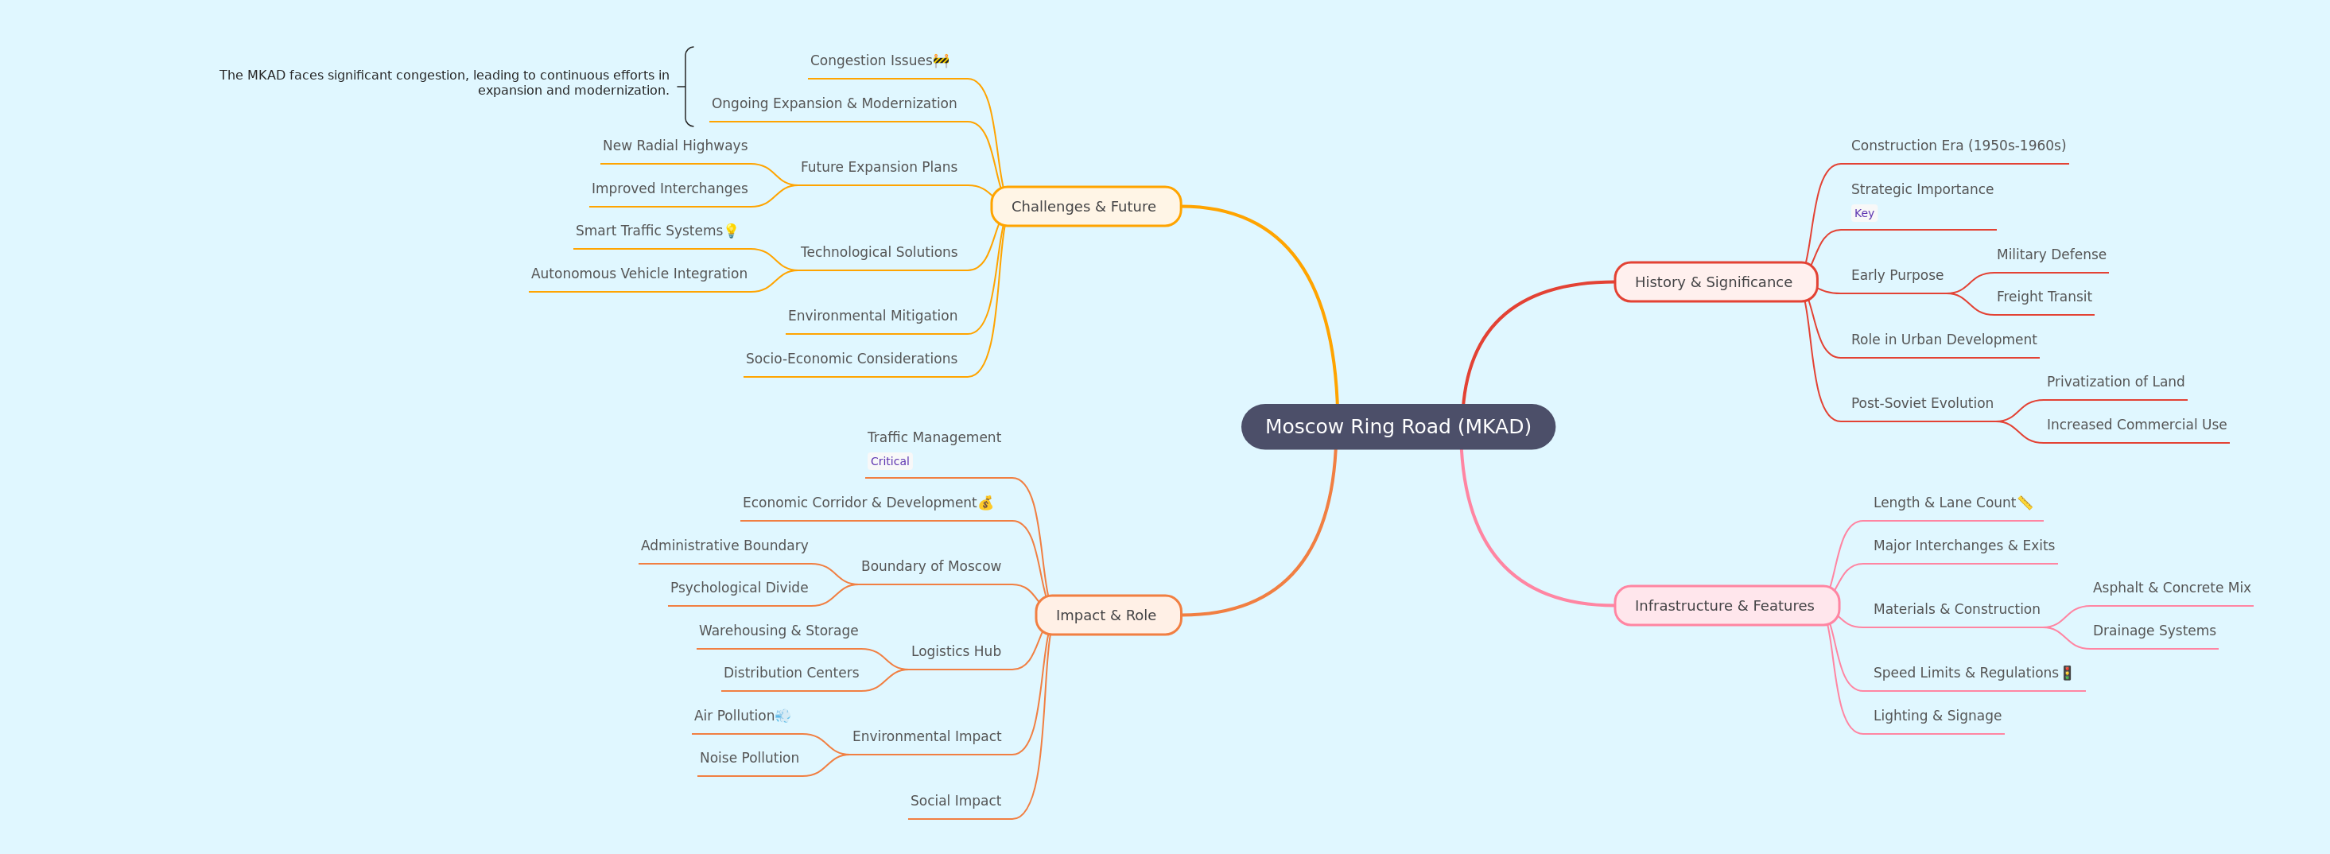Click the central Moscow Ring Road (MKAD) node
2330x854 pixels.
pos(1397,426)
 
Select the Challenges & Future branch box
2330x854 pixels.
pos(1085,206)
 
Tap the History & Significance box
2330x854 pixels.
pos(1715,282)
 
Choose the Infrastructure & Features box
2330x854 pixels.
pos(1726,605)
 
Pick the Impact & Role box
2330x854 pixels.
pos(1108,615)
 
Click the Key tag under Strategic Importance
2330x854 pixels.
pos(1863,213)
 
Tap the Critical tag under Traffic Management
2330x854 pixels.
pos(889,461)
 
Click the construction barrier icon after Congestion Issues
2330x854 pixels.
pos(941,60)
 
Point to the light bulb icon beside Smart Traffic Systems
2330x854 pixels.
pos(731,231)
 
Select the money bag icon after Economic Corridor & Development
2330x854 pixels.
pos(986,503)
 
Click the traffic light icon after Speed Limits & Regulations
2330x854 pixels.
pos(2067,673)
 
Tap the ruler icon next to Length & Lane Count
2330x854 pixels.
pos(2025,503)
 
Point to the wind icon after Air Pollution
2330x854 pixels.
pos(782,716)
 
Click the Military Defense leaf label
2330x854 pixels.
pos(2052,254)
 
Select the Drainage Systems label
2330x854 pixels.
pos(2153,631)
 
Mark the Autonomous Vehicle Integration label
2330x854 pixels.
pos(639,274)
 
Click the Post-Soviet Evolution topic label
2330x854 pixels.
pos(1922,402)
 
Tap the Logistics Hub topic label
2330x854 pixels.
pos(955,651)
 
